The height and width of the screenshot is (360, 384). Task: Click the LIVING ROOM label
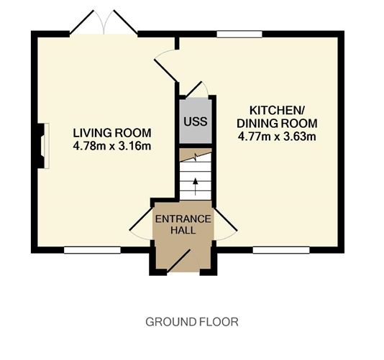point(112,133)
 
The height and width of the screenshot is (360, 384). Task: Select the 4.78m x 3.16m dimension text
point(112,146)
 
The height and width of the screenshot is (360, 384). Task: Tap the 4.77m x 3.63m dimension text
point(277,137)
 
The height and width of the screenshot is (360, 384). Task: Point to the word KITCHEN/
point(276,111)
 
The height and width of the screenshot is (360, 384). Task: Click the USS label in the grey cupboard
point(196,121)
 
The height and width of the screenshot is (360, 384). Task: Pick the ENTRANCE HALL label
point(183,224)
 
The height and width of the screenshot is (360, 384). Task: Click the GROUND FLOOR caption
point(192,322)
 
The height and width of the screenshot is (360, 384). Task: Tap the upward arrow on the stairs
point(195,187)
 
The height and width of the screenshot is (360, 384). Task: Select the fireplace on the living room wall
point(43,146)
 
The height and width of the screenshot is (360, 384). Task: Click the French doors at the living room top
point(104,22)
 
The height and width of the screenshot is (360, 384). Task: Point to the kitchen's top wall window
point(239,34)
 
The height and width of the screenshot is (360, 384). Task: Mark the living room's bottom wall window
point(92,250)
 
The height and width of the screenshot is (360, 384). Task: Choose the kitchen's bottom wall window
point(281,250)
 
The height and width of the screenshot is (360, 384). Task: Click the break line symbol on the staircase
point(196,157)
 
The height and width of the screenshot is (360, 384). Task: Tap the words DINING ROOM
point(277,124)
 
